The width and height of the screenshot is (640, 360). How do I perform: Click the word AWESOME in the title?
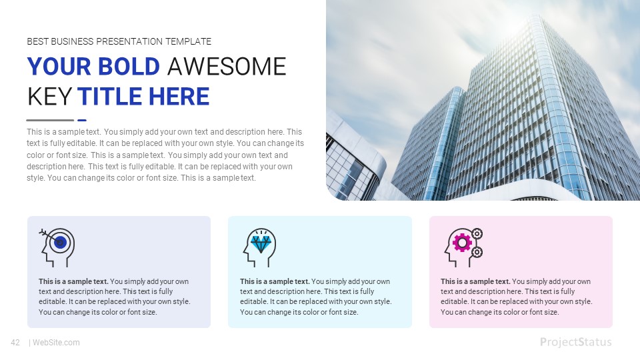[227, 67]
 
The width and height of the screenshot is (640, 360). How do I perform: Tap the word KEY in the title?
[49, 97]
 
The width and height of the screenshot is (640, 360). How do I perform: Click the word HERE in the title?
[179, 97]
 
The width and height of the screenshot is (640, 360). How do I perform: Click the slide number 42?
[15, 343]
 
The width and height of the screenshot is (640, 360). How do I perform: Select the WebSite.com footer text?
[56, 343]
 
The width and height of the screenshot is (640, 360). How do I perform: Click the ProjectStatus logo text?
[575, 342]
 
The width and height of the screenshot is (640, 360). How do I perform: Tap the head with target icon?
[58, 247]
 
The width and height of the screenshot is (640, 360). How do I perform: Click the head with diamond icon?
[259, 247]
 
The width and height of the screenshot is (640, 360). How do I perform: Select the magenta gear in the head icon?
[461, 241]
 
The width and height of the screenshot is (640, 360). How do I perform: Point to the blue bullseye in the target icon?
[61, 242]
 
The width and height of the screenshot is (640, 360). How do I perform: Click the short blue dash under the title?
[82, 120]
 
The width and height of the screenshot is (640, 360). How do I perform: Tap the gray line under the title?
[50, 120]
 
